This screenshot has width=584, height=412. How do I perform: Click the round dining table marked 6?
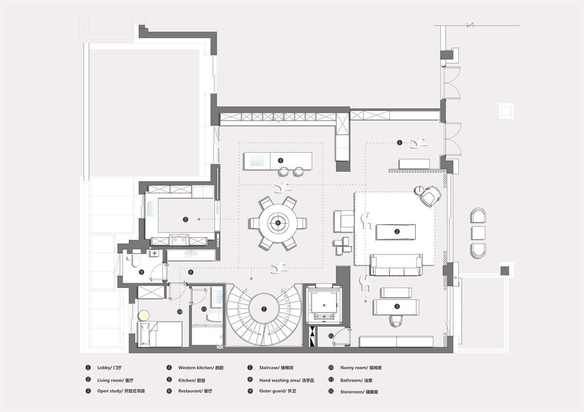click(x=278, y=223)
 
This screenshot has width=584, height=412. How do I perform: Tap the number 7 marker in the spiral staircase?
click(x=264, y=309)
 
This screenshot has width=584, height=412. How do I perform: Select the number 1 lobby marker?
click(x=400, y=143)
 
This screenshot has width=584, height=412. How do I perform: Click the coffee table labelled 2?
click(x=396, y=232)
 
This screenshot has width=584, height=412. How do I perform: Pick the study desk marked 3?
click(x=396, y=307)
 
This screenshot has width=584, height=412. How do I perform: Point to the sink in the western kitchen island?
click(x=257, y=161)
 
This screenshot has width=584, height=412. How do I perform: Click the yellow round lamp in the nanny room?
click(x=144, y=316)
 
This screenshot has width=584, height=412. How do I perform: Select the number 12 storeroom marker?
click(x=331, y=336)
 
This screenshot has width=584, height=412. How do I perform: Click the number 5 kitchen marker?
click(x=185, y=219)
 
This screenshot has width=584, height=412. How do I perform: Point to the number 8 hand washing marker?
click(x=191, y=272)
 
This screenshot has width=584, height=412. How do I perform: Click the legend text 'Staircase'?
click(x=269, y=368)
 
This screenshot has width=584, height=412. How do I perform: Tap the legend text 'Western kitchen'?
click(x=195, y=368)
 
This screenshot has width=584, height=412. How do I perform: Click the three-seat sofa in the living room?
click(x=396, y=265)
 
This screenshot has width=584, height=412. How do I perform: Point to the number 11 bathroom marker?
click(x=204, y=309)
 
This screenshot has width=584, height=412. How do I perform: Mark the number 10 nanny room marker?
click(x=180, y=311)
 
